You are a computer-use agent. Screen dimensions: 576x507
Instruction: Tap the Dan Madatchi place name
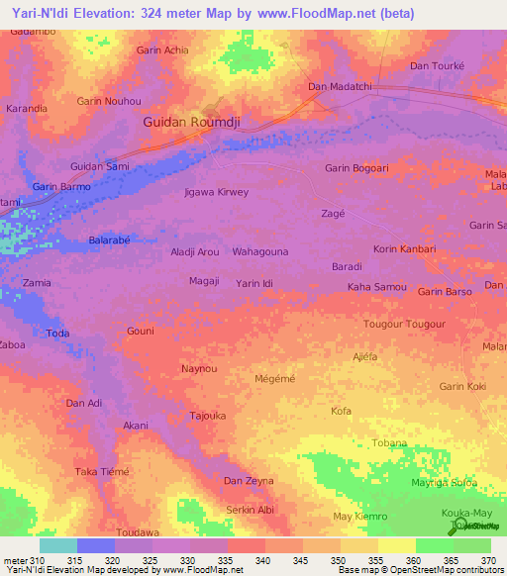tap(340, 87)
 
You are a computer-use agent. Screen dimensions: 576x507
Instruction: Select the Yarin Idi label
tap(260, 284)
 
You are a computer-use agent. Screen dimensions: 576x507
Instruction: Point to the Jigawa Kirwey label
tap(217, 192)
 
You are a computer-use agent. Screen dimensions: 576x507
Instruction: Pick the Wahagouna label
tap(260, 252)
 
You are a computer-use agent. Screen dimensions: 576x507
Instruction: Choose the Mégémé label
tap(275, 377)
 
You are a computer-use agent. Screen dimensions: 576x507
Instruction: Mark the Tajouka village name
tap(210, 416)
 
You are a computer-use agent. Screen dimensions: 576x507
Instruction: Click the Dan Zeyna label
tap(249, 481)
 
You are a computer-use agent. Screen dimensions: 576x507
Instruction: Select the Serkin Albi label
tap(250, 510)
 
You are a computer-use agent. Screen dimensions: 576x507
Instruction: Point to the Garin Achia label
tap(162, 49)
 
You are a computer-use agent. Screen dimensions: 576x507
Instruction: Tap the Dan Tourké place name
tap(438, 66)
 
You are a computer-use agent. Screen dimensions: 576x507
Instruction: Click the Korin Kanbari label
tap(404, 248)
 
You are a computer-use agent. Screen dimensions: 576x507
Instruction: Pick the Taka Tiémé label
tap(103, 472)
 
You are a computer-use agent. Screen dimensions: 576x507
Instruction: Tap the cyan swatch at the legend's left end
tap(57, 545)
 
